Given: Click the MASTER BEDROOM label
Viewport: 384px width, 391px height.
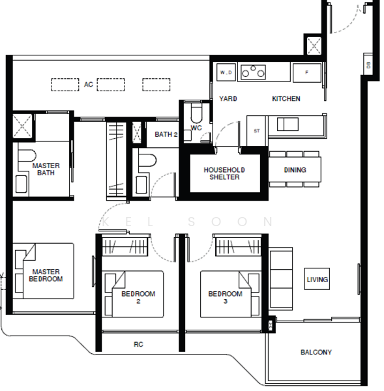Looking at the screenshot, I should pyautogui.click(x=45, y=276).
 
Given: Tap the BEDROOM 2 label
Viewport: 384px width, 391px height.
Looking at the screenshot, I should pyautogui.click(x=138, y=297).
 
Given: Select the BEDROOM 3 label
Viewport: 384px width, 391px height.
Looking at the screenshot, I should pyautogui.click(x=225, y=297).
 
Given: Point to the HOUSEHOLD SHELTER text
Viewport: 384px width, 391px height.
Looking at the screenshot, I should pyautogui.click(x=224, y=173).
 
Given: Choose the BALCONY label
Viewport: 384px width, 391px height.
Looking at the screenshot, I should pyautogui.click(x=316, y=353).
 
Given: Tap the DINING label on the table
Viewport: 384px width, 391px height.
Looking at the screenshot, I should pyautogui.click(x=295, y=170).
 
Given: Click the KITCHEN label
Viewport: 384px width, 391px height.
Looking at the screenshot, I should pyautogui.click(x=286, y=99).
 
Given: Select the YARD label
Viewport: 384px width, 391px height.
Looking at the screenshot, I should pyautogui.click(x=228, y=99).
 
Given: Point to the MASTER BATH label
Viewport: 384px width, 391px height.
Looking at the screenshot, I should pyautogui.click(x=46, y=170).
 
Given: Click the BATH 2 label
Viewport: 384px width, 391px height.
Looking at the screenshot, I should pyautogui.click(x=166, y=135).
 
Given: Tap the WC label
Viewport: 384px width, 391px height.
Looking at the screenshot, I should pyautogui.click(x=196, y=128).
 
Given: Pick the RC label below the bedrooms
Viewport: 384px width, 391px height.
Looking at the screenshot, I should pyautogui.click(x=138, y=345).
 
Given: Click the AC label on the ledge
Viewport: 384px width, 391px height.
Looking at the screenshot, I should pyautogui.click(x=88, y=85).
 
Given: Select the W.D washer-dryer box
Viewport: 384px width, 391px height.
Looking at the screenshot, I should pyautogui.click(x=226, y=72).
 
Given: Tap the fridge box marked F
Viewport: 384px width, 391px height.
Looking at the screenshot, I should pyautogui.click(x=306, y=72).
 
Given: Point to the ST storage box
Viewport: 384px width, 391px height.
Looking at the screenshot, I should pyautogui.click(x=257, y=131).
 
